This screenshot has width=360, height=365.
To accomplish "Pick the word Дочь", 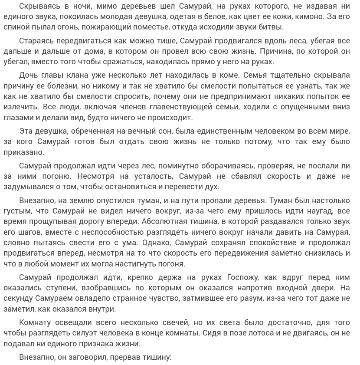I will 29,76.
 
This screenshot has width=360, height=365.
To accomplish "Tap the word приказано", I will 24,152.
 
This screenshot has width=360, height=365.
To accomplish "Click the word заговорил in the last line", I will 87,357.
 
